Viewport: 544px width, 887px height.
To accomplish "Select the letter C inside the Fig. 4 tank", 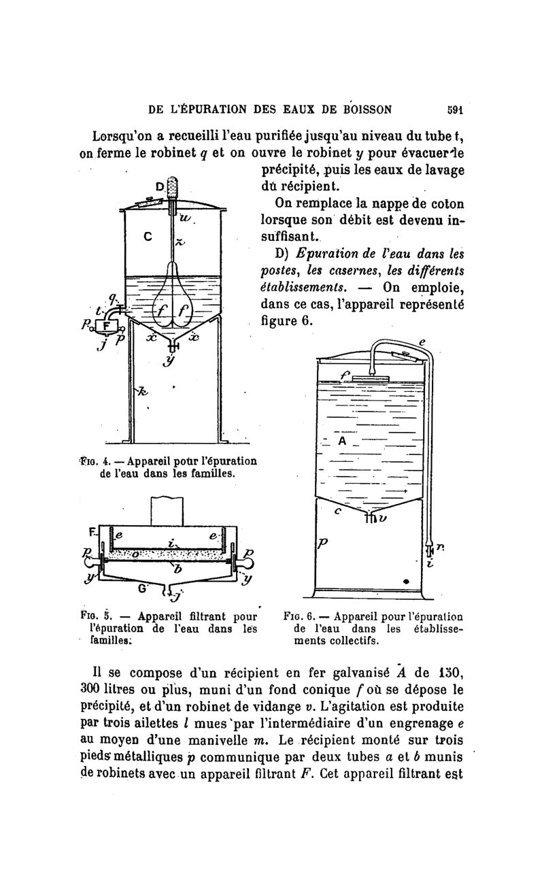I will pos(148,237).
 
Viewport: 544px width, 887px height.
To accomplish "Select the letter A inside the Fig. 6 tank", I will pos(343,441).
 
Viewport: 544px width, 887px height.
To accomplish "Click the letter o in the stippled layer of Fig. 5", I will pos(136,554).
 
